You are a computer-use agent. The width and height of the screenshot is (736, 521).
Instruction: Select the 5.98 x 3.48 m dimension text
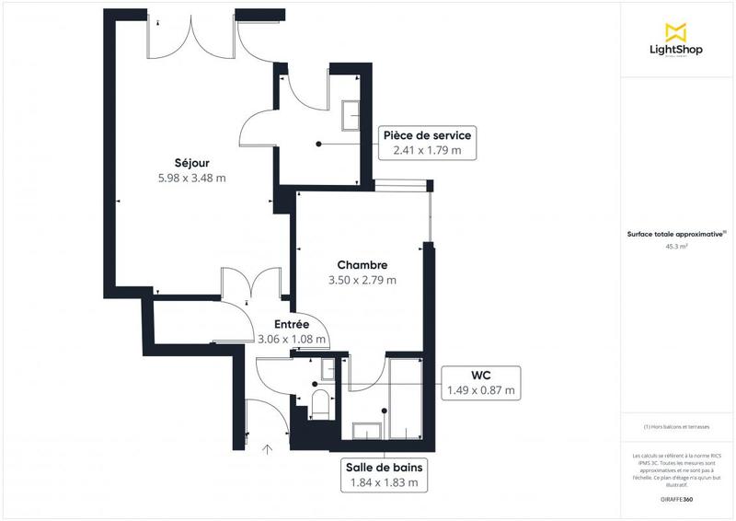pos(192,179)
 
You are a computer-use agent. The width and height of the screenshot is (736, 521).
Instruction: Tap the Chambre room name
pos(362,265)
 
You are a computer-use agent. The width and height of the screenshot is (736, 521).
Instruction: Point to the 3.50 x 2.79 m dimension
pos(362,280)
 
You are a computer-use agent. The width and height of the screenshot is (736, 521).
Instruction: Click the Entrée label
pos(291,324)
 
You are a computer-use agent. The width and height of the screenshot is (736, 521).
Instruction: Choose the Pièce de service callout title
pos(431,135)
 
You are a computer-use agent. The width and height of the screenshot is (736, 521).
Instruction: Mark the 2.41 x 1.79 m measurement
pos(427,150)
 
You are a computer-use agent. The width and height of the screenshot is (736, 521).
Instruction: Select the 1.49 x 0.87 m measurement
pos(480,390)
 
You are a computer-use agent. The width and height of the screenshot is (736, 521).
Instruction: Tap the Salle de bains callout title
pos(385,466)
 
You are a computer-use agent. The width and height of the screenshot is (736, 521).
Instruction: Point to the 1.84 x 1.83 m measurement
pos(385,481)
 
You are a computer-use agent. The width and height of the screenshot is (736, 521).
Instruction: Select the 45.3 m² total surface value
pos(676,247)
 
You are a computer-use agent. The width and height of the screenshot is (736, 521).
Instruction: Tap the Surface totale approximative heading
pos(676,234)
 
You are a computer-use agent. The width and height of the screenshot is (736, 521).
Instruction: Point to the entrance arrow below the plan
pos(269,449)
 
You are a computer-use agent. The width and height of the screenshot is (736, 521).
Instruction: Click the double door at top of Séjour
pos(192,37)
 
